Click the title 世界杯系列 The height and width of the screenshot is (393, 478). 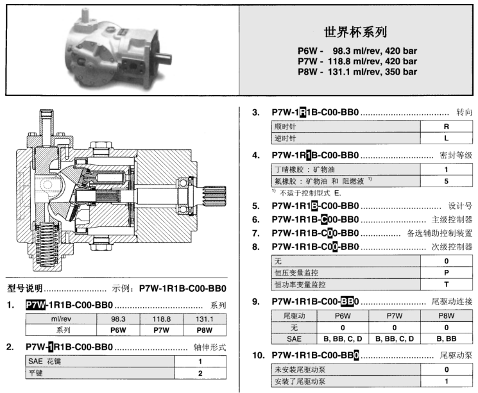click(357, 31)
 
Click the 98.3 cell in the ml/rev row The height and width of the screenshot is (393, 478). click(117, 319)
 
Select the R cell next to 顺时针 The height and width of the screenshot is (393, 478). click(447, 127)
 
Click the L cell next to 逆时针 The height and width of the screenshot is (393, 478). click(447, 138)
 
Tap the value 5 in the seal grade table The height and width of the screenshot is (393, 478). click(447, 181)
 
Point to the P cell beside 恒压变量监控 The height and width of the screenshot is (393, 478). click(447, 272)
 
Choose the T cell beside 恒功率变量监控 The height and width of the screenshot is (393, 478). click(447, 284)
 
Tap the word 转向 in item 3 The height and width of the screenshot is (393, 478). click(463, 112)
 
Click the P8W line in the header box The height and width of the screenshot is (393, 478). click(357, 72)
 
